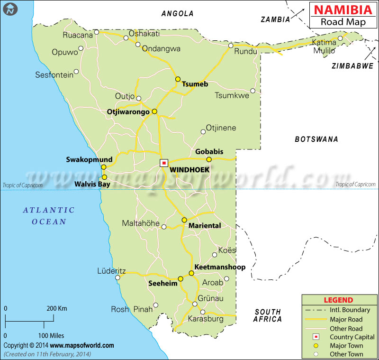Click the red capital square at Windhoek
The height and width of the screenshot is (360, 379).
[x=163, y=163]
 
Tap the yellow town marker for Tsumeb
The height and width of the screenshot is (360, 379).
[x=178, y=79]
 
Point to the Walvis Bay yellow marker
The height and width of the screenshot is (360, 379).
[x=104, y=177]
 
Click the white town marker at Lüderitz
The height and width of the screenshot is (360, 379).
[x=117, y=277]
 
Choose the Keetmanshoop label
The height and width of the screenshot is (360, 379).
[x=220, y=267]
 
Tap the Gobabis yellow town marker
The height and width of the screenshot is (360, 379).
[x=209, y=159]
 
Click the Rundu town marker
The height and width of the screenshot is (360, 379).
[x=231, y=46]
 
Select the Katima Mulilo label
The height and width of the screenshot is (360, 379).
[x=324, y=46]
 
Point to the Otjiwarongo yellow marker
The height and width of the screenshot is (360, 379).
[x=154, y=111]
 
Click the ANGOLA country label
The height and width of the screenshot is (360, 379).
[x=177, y=14]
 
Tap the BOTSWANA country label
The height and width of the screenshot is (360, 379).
[x=316, y=139]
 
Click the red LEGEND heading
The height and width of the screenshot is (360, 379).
[x=338, y=300]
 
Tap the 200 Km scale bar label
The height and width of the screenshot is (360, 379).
[x=56, y=308]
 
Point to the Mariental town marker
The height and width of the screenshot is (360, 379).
[x=184, y=220]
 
